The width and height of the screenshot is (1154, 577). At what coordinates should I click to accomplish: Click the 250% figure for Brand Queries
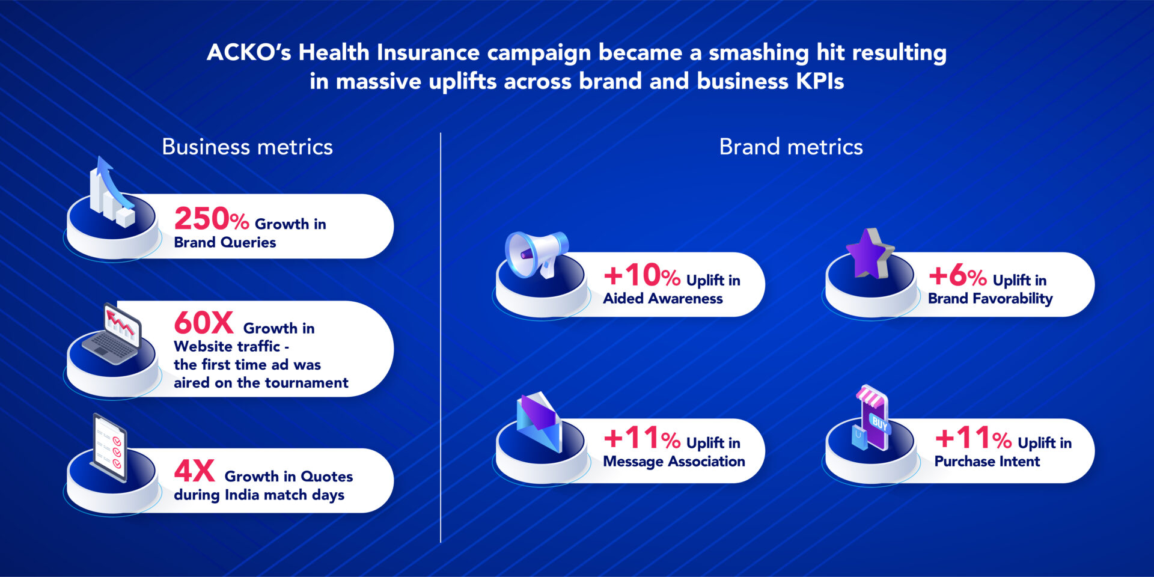[211, 219]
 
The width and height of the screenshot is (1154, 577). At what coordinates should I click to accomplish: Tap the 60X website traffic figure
[203, 323]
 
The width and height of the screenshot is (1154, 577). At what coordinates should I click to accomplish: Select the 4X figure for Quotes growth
[194, 471]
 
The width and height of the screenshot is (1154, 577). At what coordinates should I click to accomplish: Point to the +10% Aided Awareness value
[641, 276]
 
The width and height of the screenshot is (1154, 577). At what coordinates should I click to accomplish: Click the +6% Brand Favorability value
[957, 276]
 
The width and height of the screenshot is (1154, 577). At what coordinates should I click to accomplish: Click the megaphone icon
[534, 255]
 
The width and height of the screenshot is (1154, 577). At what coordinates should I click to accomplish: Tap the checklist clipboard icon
[110, 448]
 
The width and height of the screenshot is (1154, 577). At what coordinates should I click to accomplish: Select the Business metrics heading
[247, 147]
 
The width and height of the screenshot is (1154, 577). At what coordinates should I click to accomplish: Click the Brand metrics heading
[790, 147]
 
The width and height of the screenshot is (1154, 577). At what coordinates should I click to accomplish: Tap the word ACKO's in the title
[249, 53]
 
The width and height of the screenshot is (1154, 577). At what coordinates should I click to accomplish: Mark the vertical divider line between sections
[441, 337]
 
